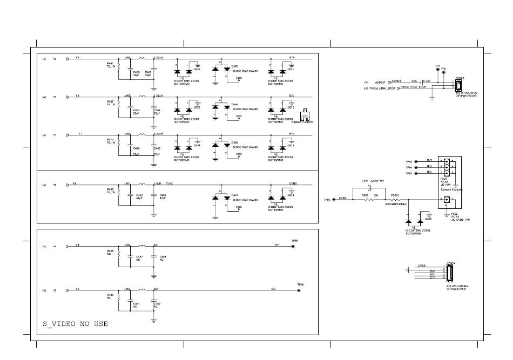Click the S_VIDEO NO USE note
tap(75, 324)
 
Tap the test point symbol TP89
tap(293, 247)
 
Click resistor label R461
tap(110, 63)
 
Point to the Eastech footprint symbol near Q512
tap(304, 115)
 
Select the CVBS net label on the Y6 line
tap(293, 184)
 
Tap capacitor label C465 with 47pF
tap(139, 195)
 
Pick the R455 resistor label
tap(110, 189)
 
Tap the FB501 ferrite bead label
tap(395, 195)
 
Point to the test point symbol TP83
tap(416, 161)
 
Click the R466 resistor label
tap(110, 295)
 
